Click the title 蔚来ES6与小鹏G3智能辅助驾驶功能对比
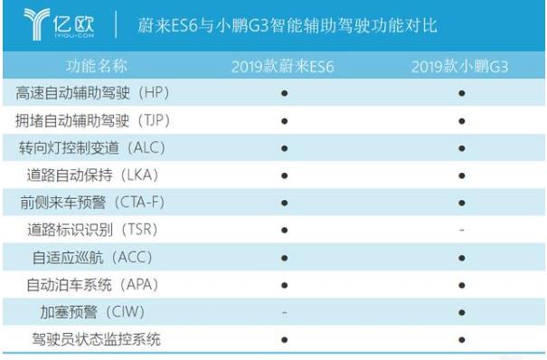click(287, 25)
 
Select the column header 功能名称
click(96, 66)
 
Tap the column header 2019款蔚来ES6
click(284, 66)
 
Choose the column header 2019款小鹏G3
click(461, 66)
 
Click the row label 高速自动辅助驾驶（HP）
click(93, 93)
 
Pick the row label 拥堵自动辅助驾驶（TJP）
click(93, 120)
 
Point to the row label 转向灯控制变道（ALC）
click(93, 147)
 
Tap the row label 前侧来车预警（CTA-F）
click(93, 203)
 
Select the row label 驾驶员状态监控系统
click(93, 339)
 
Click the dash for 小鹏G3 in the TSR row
click(462, 231)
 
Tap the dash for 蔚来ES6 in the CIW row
click(285, 312)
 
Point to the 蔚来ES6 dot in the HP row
click(285, 93)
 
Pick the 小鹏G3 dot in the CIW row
click(462, 312)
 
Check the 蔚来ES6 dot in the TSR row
click(285, 230)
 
